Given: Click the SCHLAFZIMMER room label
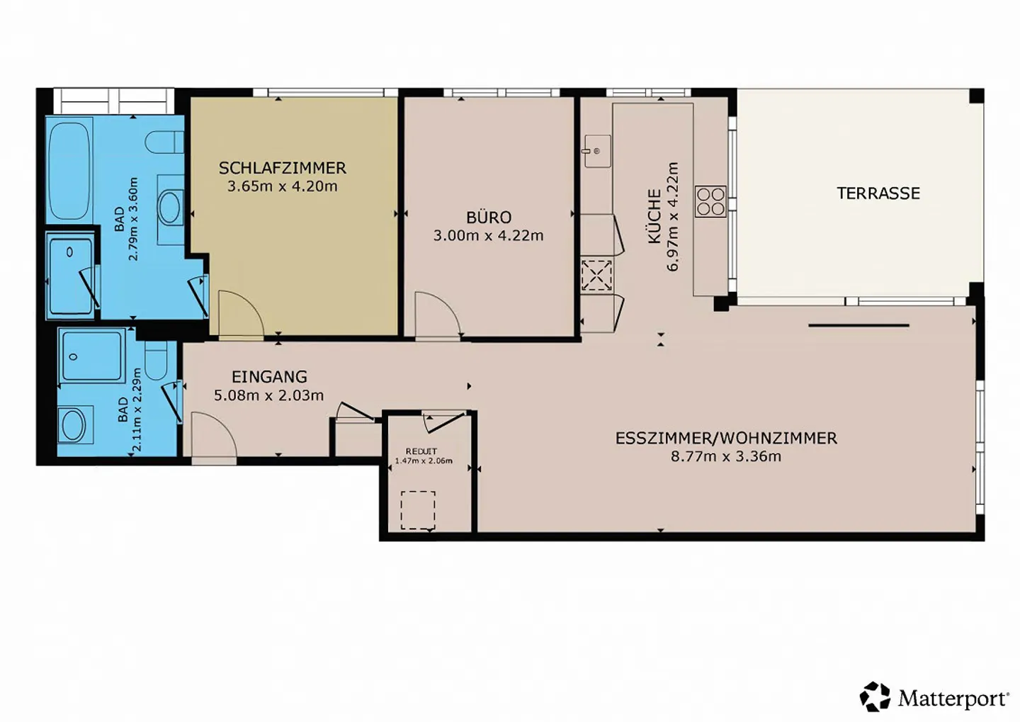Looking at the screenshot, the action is point(283,168).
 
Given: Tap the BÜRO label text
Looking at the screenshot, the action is point(489,217).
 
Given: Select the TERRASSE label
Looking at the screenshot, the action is point(878,193).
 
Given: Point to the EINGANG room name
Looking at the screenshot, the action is point(270,377).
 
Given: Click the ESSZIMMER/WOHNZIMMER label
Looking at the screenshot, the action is point(726,438).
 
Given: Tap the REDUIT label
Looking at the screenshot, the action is point(421,451).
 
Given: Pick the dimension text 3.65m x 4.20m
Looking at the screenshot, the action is point(283,186).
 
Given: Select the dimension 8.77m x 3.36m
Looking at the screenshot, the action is point(726,456).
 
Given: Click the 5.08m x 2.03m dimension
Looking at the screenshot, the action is point(269,395).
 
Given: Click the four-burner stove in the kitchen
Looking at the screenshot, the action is point(711,201).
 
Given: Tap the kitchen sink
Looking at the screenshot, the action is point(597,151).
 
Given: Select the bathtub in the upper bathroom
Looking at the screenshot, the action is point(69,171).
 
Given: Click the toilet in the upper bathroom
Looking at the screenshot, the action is point(164,142).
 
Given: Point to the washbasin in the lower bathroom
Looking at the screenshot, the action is point(74,424).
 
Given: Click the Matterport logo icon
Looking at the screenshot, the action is point(875,696).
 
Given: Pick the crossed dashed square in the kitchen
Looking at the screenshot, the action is point(597,275).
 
